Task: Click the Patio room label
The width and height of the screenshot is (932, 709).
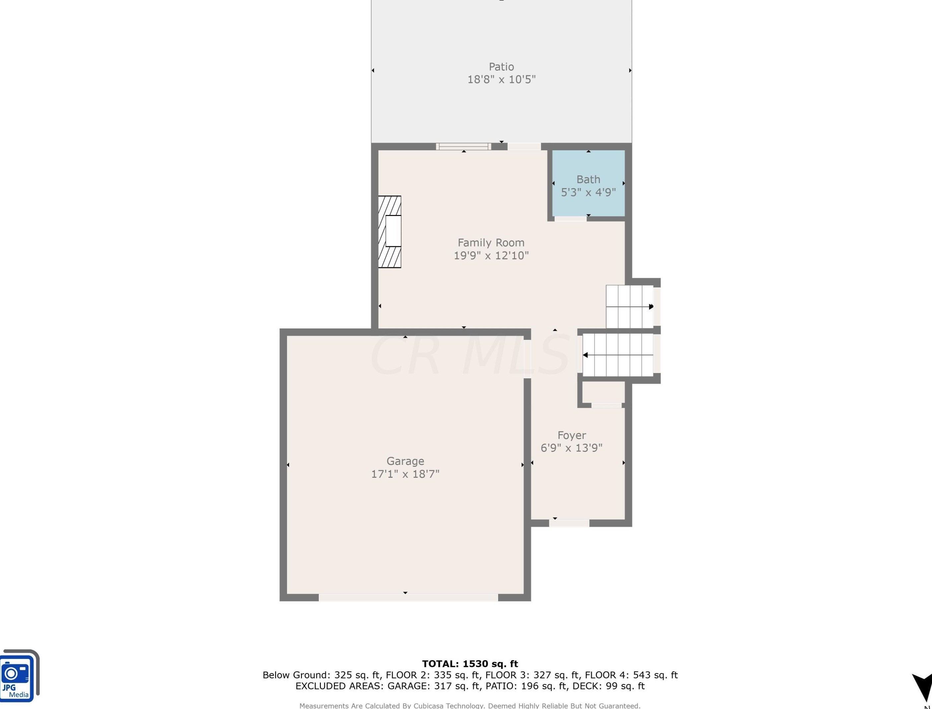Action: pyautogui.click(x=501, y=67)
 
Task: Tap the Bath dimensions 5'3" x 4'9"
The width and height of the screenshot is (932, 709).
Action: pyautogui.click(x=588, y=192)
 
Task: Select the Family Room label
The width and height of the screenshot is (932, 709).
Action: pyautogui.click(x=491, y=243)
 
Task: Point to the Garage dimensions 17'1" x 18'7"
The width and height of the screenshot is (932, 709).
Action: pyautogui.click(x=405, y=474)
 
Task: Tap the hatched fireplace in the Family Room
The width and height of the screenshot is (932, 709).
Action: pyautogui.click(x=389, y=232)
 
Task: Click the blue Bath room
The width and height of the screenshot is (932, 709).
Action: pyautogui.click(x=588, y=183)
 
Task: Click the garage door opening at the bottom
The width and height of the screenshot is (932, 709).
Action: pyautogui.click(x=408, y=597)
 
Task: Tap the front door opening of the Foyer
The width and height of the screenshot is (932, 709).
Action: pyautogui.click(x=569, y=523)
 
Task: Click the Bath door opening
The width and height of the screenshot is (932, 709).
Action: pyautogui.click(x=571, y=219)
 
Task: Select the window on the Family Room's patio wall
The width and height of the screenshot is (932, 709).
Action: pyautogui.click(x=464, y=146)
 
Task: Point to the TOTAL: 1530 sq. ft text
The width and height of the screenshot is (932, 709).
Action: pyautogui.click(x=470, y=664)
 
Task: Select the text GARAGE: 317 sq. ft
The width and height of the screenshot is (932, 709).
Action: pyautogui.click(x=434, y=686)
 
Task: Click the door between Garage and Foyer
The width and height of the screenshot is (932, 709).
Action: pyautogui.click(x=527, y=359)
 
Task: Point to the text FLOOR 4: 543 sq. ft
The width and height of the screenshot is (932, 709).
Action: pyautogui.click(x=631, y=675)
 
